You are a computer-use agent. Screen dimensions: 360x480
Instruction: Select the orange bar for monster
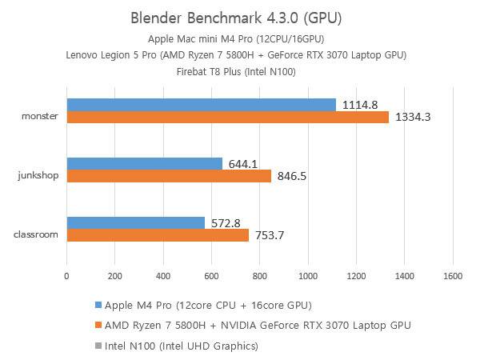coord(227,118)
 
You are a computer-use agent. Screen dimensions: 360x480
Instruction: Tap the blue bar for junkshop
coord(144,164)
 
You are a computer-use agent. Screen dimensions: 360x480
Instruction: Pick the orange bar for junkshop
coord(168,176)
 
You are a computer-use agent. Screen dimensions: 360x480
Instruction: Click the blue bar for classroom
coord(135,222)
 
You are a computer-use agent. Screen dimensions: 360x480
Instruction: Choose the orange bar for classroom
coord(157,235)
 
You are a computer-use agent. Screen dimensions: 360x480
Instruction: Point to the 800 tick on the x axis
coord(260,275)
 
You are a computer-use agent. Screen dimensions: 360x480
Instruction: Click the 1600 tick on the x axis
coord(453,275)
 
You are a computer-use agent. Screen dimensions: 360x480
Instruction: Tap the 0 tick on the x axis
coord(66,275)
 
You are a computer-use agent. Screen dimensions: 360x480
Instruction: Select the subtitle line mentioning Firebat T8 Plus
coord(239,70)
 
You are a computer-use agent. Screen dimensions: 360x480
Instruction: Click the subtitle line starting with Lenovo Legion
coord(239,54)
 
